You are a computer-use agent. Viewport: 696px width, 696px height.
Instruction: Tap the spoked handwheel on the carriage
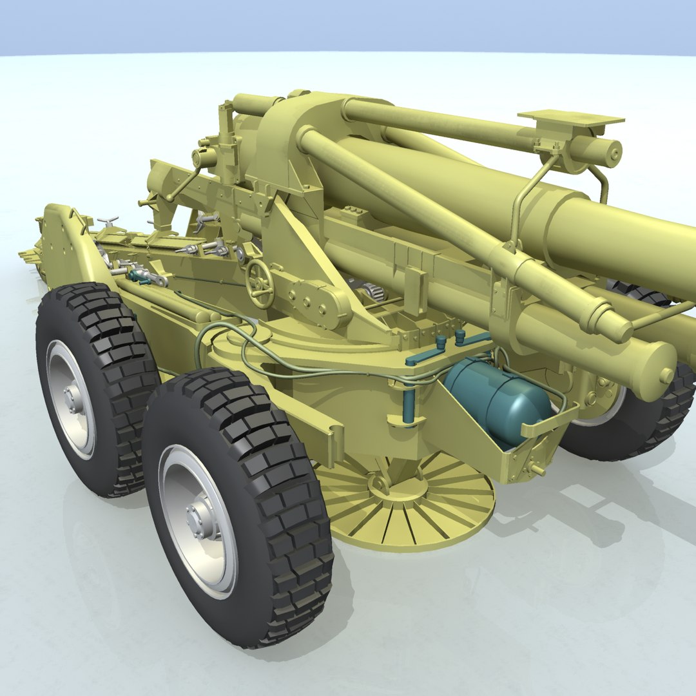click(x=260, y=284)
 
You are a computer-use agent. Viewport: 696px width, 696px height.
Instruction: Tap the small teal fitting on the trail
click(x=137, y=275)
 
